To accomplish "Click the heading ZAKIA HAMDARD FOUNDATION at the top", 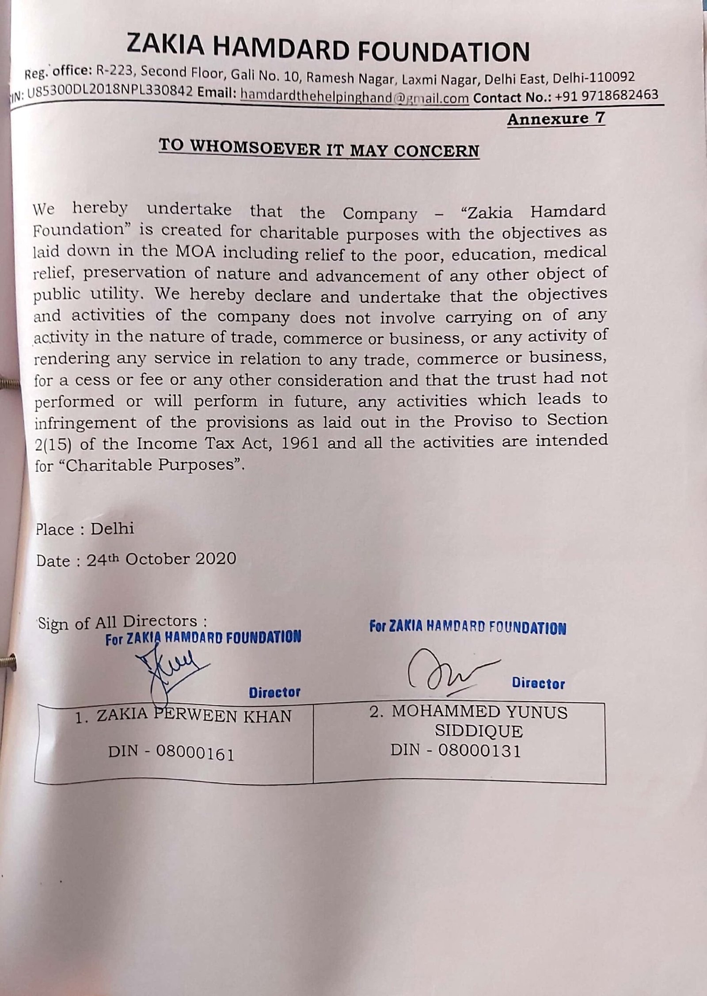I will point(328,49).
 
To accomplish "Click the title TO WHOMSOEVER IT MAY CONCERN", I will point(319,148).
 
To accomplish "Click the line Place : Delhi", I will point(85,529).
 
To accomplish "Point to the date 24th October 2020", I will point(161,559).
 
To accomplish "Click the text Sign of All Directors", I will point(122,623).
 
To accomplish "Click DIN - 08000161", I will point(171,754).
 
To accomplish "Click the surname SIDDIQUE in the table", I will point(478,731).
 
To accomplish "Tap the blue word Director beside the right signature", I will point(538,684).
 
